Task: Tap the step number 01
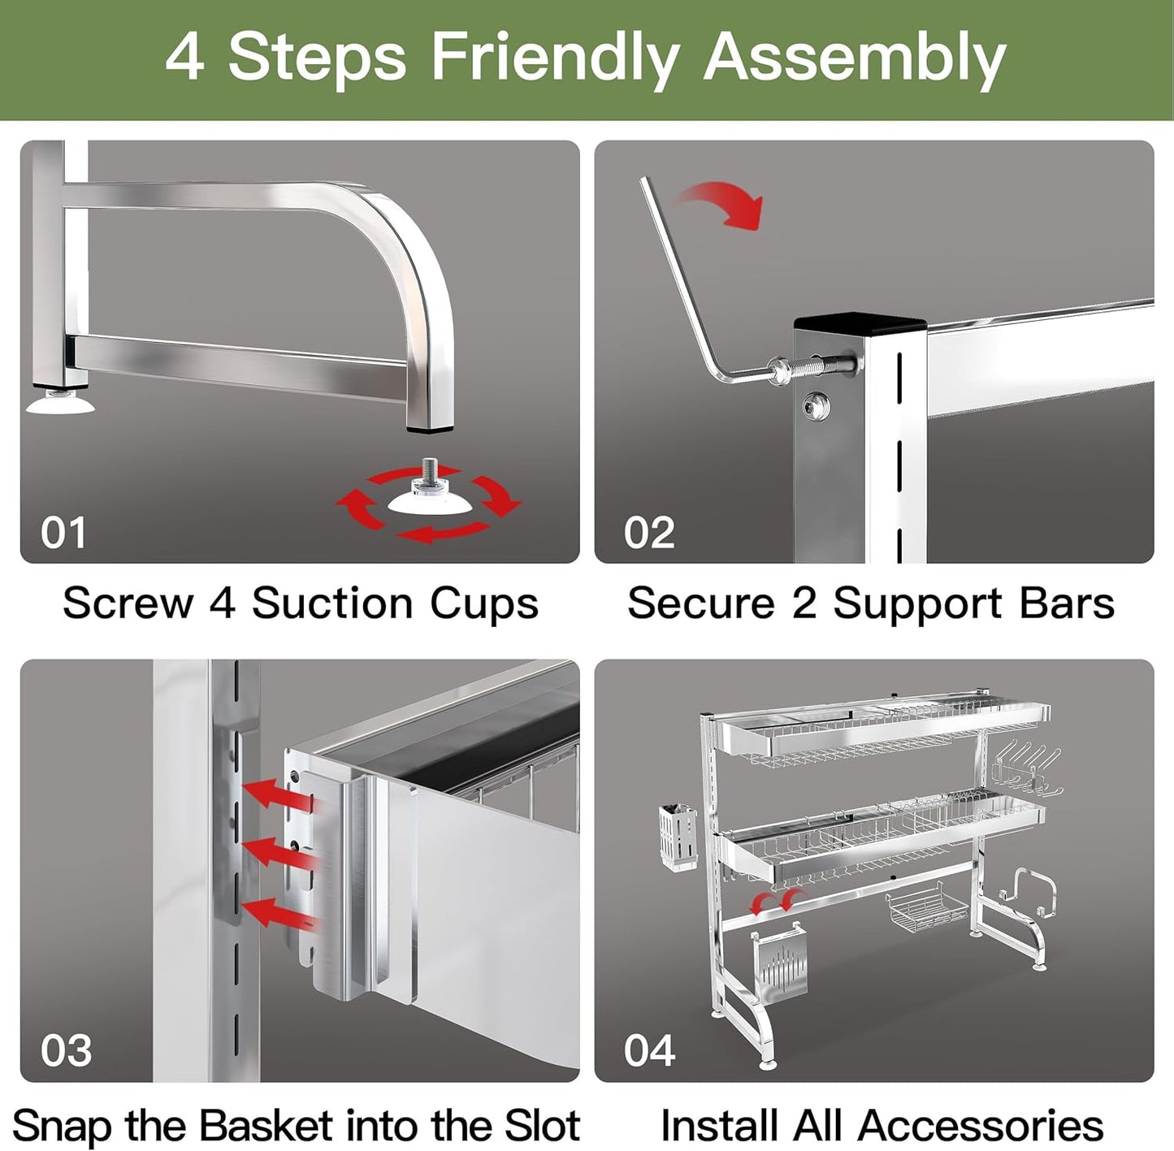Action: pos(63,533)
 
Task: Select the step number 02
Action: pos(648,533)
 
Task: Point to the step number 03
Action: pos(66,1050)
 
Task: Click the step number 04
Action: pos(649,1050)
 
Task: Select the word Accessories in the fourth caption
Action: pos(981,1126)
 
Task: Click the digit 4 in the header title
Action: pos(184,58)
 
